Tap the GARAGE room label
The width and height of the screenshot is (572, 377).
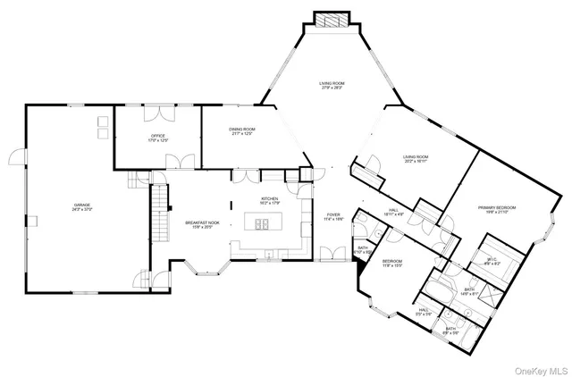pyautogui.click(x=83, y=205)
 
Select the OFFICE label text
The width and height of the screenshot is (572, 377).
pyautogui.click(x=158, y=136)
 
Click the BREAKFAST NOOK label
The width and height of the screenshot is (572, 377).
pyautogui.click(x=198, y=222)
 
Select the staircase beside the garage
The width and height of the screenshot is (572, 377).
pyautogui.click(x=159, y=214)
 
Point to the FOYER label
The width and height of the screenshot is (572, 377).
pyautogui.click(x=332, y=214)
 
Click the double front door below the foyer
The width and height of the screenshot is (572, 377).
pyautogui.click(x=332, y=260)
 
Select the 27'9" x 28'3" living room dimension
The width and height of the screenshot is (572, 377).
pyautogui.click(x=332, y=88)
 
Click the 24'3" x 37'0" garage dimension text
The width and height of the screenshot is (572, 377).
pyautogui.click(x=83, y=210)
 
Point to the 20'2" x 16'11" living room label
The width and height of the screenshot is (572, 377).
pyautogui.click(x=415, y=158)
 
